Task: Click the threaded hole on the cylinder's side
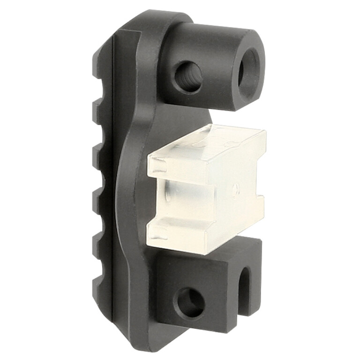188,76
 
